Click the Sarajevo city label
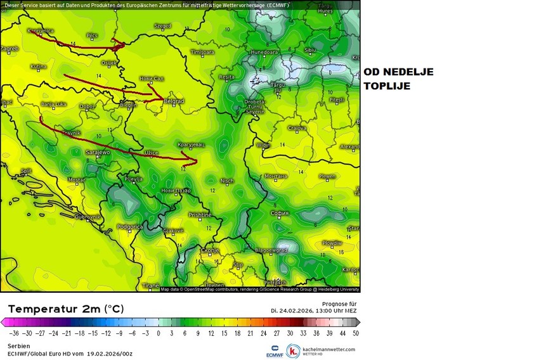[98, 152]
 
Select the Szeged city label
[162, 27]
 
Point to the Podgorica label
[129, 226]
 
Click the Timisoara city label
[203, 51]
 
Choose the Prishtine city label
[200, 215]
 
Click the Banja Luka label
[53, 104]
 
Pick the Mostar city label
[76, 180]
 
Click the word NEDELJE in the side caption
[407, 72]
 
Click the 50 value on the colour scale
[356, 332]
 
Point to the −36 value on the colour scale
[14, 332]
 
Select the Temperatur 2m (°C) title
[66, 309]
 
